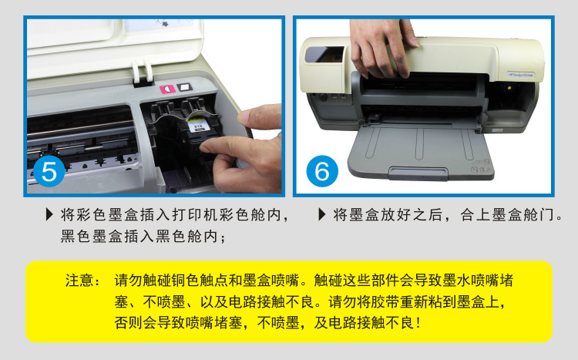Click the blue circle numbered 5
(x=49, y=172)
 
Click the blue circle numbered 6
(x=322, y=171)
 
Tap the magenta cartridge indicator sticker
(x=167, y=89)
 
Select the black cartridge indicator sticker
(x=185, y=87)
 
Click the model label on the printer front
(x=521, y=75)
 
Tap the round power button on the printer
(x=323, y=97)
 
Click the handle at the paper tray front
(x=418, y=172)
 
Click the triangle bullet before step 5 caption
(x=49, y=214)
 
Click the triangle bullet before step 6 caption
(x=322, y=214)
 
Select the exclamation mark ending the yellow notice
(x=418, y=323)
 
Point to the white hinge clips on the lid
(x=143, y=72)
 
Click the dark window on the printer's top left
(x=324, y=55)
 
